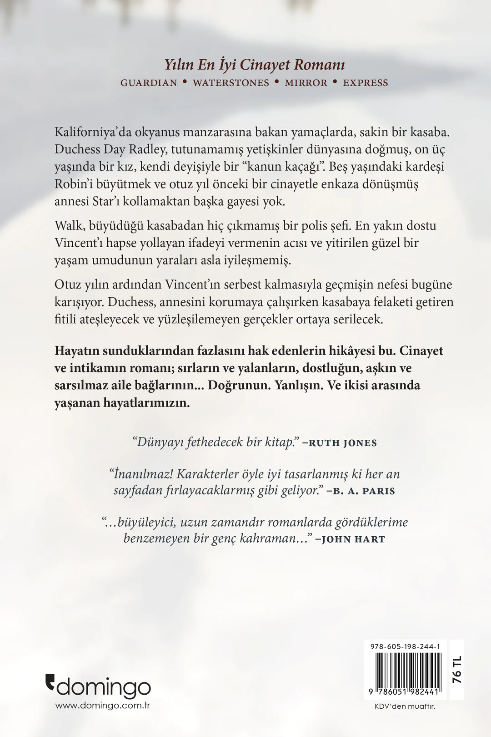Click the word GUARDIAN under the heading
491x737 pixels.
[149, 83]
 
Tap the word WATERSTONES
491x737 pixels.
[231, 83]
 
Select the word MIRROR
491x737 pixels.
[306, 83]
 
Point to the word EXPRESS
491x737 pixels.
[366, 83]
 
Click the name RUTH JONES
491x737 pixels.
[343, 443]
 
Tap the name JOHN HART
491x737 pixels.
[353, 539]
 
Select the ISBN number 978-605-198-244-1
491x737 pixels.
[402, 646]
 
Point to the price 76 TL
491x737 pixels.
[457, 669]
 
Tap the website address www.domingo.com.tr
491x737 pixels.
[103, 706]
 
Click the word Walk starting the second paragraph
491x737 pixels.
[68, 226]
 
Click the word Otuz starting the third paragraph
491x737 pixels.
[67, 285]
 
